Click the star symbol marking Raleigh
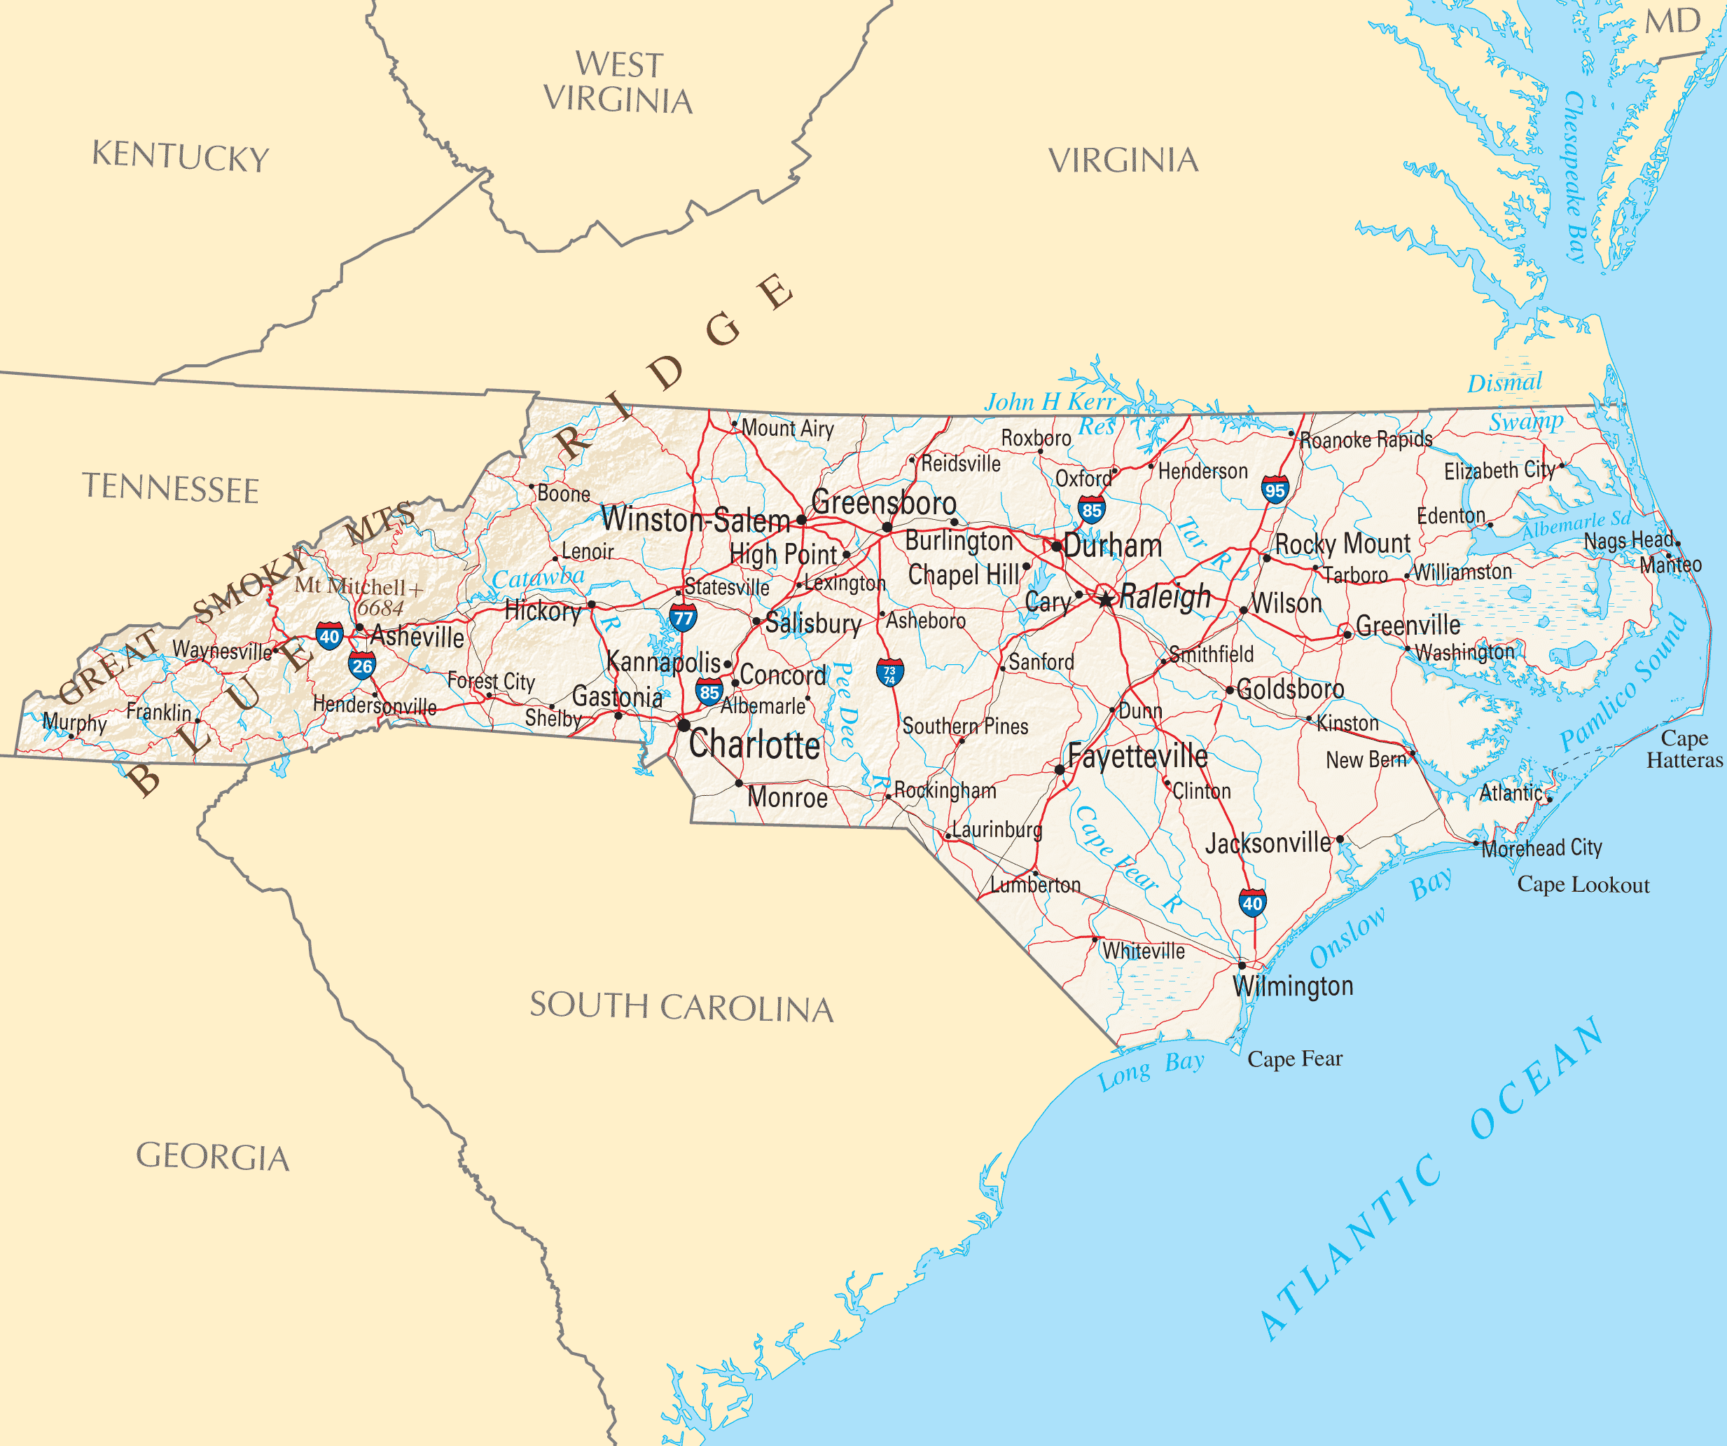click(1106, 599)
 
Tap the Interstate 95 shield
click(1275, 490)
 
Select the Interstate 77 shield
click(683, 617)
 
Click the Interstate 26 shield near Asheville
click(362, 665)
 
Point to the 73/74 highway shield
click(890, 673)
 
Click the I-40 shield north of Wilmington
click(1251, 902)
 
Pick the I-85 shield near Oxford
click(1091, 509)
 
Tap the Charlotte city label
click(754, 745)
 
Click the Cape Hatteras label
click(1684, 748)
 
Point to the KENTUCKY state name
click(180, 156)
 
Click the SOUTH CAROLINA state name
click(681, 1007)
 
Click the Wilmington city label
click(1293, 986)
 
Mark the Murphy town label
click(75, 722)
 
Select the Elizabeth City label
click(1499, 471)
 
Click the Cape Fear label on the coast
click(1294, 1059)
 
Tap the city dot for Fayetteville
click(1059, 769)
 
